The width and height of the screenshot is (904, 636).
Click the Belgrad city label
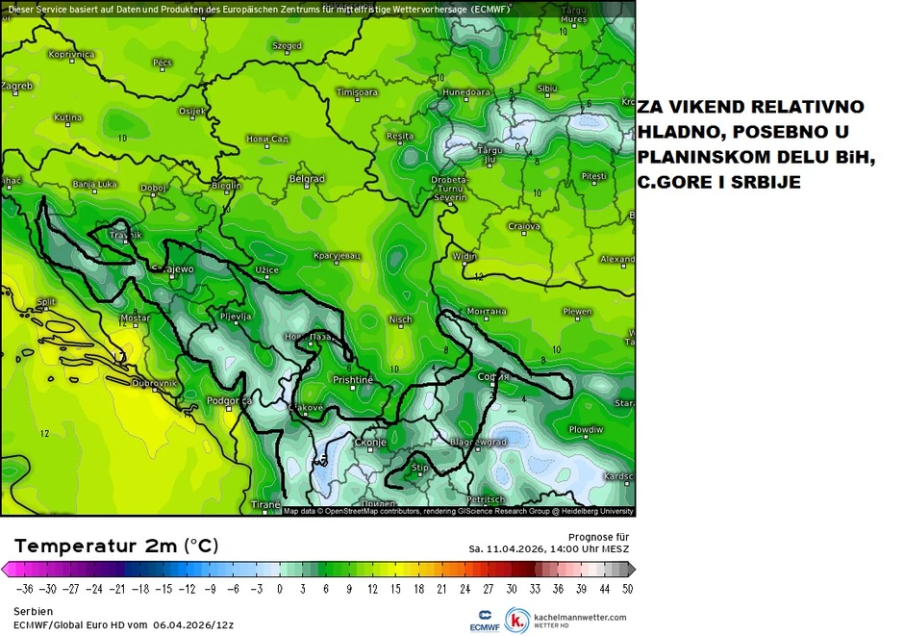click(x=307, y=179)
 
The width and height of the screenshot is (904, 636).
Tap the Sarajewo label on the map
click(x=174, y=269)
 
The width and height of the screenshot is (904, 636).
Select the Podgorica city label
click(x=229, y=400)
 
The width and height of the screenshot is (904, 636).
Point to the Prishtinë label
click(x=352, y=380)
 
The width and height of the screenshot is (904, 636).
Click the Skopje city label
click(x=370, y=443)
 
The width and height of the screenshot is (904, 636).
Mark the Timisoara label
click(x=357, y=92)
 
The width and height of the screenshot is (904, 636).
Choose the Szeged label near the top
click(x=287, y=45)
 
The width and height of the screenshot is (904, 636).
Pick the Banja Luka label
click(x=94, y=184)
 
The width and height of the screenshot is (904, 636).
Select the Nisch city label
click(x=400, y=319)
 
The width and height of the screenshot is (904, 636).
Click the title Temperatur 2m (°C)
click(x=116, y=546)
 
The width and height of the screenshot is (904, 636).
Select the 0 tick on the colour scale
click(x=279, y=588)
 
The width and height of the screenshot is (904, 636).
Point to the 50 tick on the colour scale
click(x=627, y=588)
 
